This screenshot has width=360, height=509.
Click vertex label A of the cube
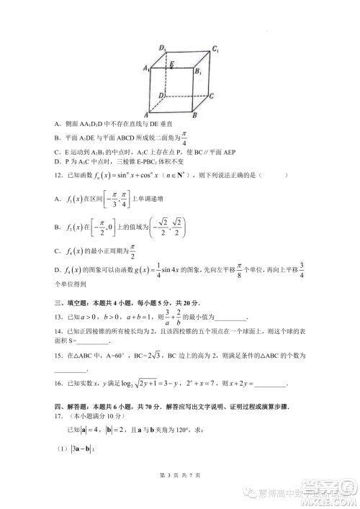tap(146, 114)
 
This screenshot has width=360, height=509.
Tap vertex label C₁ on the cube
tap(215, 50)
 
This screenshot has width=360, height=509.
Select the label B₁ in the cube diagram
tap(198, 71)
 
